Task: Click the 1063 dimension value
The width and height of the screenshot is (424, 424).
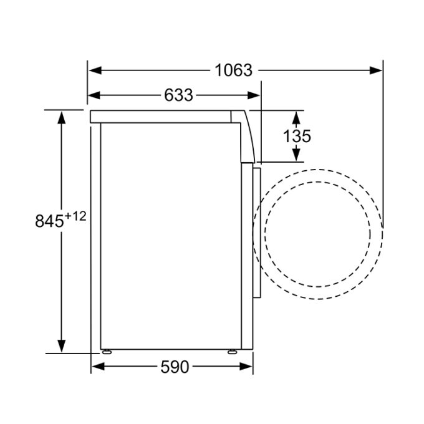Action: click(233, 70)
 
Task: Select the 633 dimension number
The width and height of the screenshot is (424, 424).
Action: click(179, 95)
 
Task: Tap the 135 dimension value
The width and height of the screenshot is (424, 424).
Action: click(297, 136)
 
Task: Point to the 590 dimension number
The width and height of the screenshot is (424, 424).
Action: click(175, 367)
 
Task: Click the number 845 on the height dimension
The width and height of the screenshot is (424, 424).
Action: click(49, 221)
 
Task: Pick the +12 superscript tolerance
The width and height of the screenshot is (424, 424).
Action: click(75, 216)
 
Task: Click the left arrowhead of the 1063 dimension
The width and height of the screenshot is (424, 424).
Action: click(95, 70)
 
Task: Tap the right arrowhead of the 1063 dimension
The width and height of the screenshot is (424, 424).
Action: click(375, 70)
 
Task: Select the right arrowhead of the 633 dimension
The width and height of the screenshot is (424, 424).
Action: click(253, 95)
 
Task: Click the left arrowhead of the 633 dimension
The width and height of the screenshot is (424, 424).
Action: click(94, 95)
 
